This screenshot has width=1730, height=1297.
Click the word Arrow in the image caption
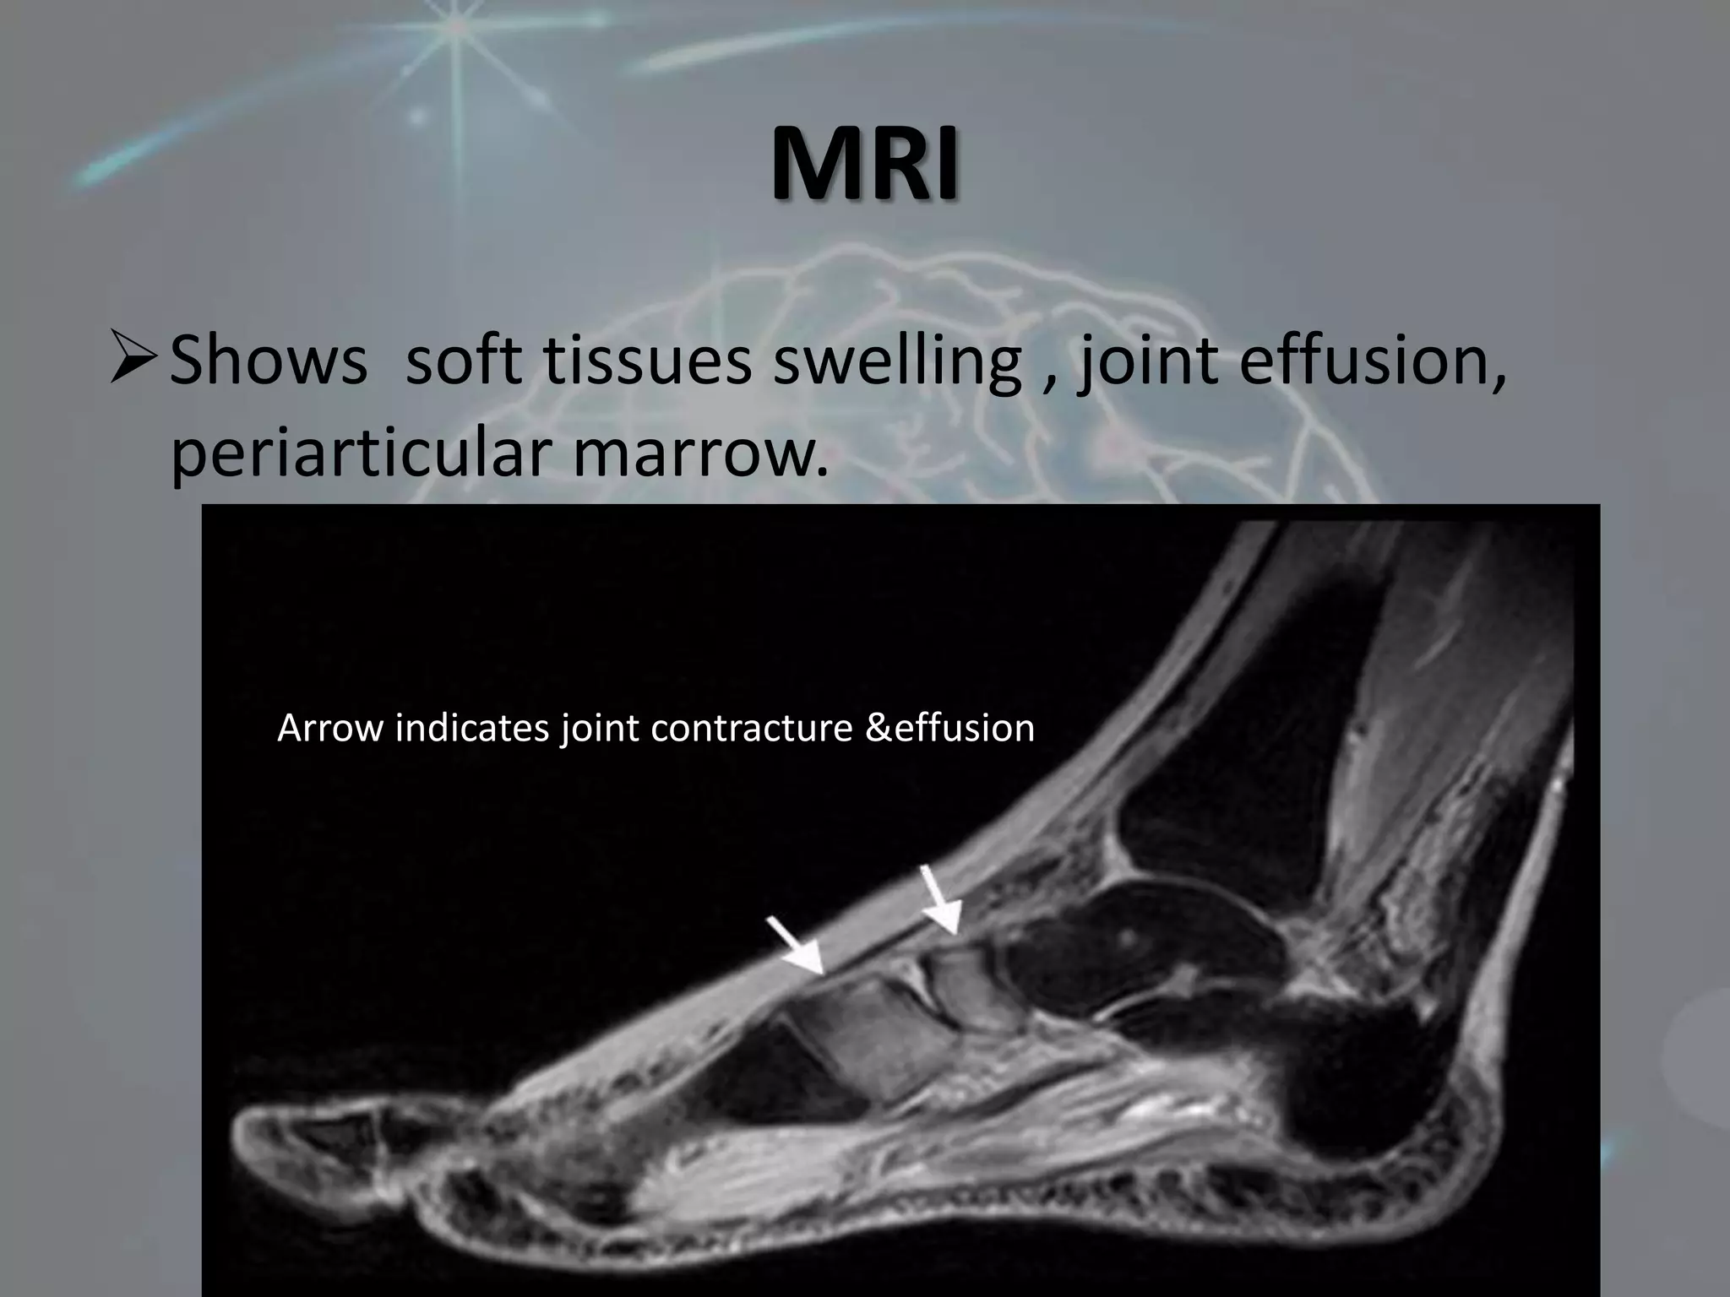330,728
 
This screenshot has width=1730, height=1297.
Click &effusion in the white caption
950,728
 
